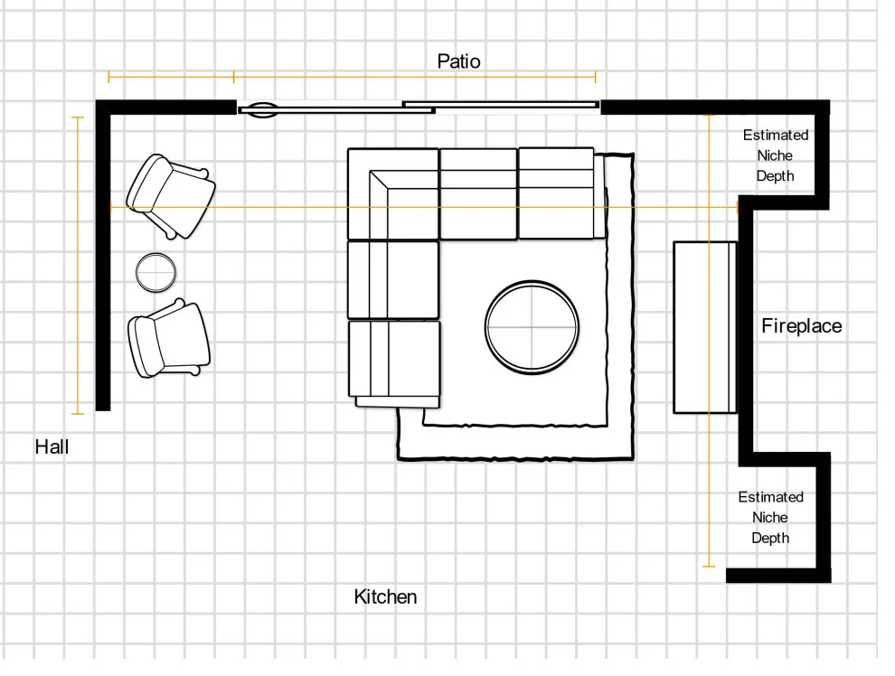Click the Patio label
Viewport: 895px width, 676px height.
[x=458, y=61]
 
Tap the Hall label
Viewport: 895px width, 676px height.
[x=52, y=446]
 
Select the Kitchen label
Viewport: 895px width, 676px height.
[x=385, y=596]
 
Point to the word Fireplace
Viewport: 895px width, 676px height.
[x=801, y=325]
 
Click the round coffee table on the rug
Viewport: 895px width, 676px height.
[x=532, y=327]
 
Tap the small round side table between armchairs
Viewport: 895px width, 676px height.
[x=155, y=273]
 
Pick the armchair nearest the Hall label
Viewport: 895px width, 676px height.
[x=169, y=338]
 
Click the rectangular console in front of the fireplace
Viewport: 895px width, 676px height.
[x=705, y=327]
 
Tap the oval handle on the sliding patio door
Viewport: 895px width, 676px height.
[x=262, y=109]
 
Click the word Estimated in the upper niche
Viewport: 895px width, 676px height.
[x=776, y=136]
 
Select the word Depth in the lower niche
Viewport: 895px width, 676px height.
[x=770, y=538]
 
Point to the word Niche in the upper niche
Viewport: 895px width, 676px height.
[x=775, y=155]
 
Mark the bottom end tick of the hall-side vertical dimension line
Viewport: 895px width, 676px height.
[x=78, y=414]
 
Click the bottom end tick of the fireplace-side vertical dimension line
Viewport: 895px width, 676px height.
[x=709, y=567]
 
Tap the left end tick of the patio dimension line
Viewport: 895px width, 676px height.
[x=108, y=76]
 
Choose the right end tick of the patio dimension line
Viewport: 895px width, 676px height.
[x=596, y=76]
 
